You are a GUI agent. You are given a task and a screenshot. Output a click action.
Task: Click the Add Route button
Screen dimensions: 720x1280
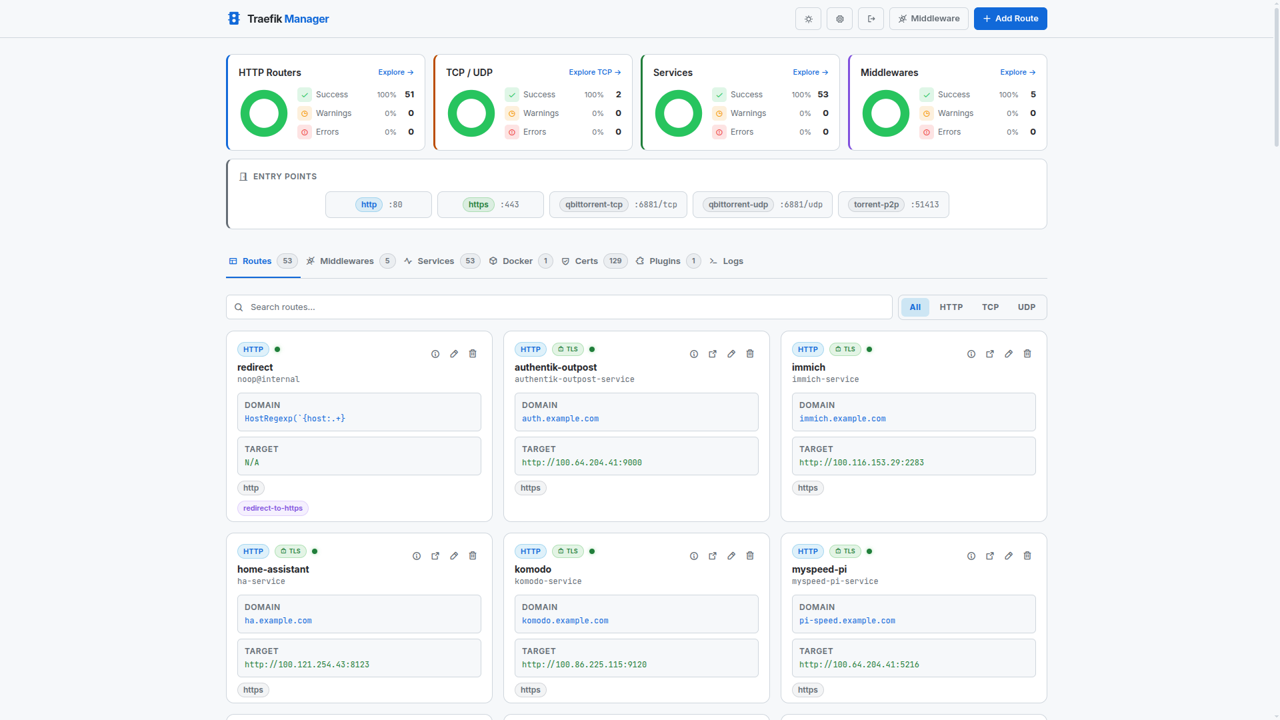pos(1010,19)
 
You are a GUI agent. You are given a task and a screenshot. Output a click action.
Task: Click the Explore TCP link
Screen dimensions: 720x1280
pos(594,72)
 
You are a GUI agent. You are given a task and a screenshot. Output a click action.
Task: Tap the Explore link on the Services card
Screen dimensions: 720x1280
pos(810,72)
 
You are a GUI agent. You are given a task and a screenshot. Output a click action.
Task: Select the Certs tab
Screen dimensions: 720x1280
pos(586,261)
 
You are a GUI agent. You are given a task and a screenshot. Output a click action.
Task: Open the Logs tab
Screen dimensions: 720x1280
pos(732,261)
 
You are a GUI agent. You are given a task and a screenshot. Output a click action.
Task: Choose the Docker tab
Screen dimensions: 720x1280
pos(517,261)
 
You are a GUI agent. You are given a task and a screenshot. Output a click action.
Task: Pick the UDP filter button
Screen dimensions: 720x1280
pos(1026,307)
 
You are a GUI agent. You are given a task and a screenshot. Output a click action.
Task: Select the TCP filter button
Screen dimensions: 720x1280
pos(990,307)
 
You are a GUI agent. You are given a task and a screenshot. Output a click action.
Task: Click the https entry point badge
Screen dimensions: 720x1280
pos(478,205)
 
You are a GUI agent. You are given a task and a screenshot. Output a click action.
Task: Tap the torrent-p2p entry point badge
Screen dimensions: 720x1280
pos(876,205)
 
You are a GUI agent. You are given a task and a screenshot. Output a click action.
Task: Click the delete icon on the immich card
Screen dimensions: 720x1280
pos(1027,354)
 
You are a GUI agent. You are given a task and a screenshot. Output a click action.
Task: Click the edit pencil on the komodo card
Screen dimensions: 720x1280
pos(731,556)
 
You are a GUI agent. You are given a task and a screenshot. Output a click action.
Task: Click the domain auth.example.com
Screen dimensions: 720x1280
pos(560,419)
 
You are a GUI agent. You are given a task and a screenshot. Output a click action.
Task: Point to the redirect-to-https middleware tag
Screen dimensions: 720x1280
pos(273,508)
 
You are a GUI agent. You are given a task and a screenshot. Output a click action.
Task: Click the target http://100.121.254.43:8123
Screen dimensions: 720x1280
pos(307,665)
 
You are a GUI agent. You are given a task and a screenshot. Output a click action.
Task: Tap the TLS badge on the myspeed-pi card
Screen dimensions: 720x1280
pos(845,551)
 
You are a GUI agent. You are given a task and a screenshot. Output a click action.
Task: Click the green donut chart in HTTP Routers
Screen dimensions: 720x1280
pos(264,113)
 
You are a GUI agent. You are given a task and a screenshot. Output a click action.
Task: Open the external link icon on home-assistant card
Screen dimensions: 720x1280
pos(435,556)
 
